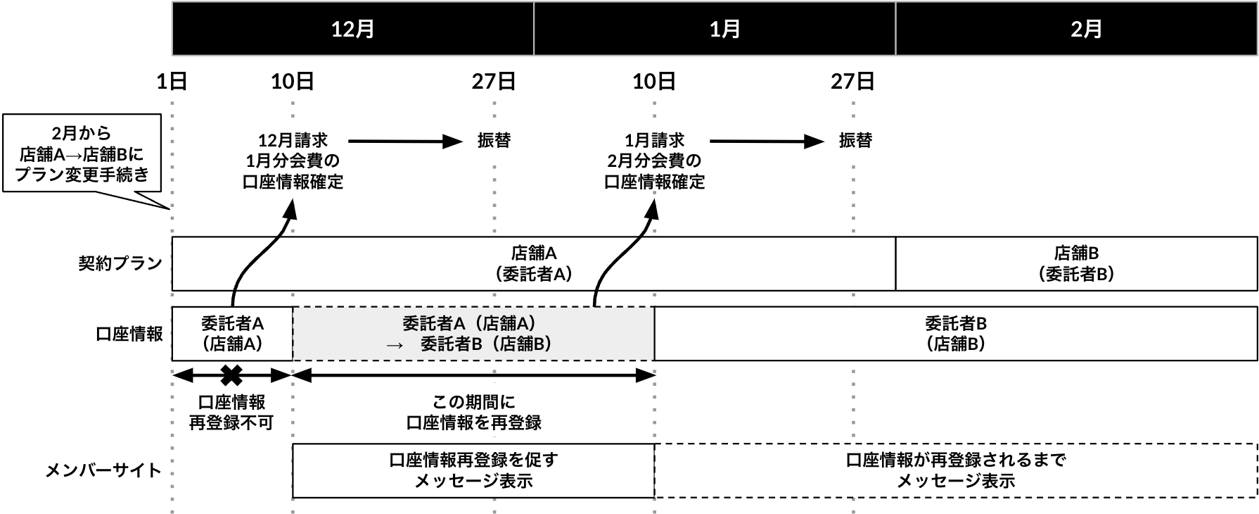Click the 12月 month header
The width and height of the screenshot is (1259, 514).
pos(352,29)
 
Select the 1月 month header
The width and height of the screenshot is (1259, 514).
pos(724,29)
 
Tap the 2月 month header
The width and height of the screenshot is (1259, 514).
pos(1086,29)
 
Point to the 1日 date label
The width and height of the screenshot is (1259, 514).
pos(172,82)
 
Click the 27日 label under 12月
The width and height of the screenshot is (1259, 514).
pos(494,82)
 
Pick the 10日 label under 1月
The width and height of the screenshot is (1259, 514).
pos(654,82)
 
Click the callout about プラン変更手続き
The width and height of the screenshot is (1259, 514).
pos(83,153)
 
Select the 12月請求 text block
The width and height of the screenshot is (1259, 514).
pos(293,161)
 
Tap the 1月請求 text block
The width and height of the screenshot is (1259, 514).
pos(654,161)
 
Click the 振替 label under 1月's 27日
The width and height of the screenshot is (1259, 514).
pos(855,141)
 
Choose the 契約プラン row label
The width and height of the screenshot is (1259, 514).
pos(120,263)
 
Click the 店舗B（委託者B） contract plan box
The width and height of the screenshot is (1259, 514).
pos(1075,263)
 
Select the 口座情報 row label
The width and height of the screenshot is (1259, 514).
pos(129,334)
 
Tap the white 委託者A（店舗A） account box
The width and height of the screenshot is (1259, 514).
pos(232,334)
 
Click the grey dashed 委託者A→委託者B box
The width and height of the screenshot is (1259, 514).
pos(473,334)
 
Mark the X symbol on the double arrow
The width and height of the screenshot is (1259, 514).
pos(231,375)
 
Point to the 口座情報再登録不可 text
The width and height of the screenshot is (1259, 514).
pos(231,412)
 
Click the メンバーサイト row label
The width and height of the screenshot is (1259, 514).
pos(103,470)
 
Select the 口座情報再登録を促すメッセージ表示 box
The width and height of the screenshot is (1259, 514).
pos(473,470)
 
